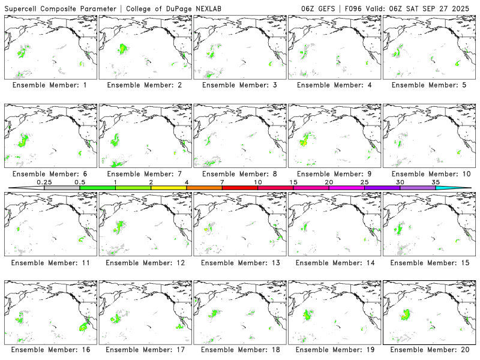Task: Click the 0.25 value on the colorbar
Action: coord(44,182)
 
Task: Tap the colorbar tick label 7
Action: coord(222,182)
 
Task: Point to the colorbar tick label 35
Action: coord(436,182)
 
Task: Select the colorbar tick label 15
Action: coord(293,182)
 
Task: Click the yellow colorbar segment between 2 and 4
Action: coord(169,188)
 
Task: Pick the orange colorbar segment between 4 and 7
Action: coord(204,188)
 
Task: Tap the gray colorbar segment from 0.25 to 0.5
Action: coord(62,188)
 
